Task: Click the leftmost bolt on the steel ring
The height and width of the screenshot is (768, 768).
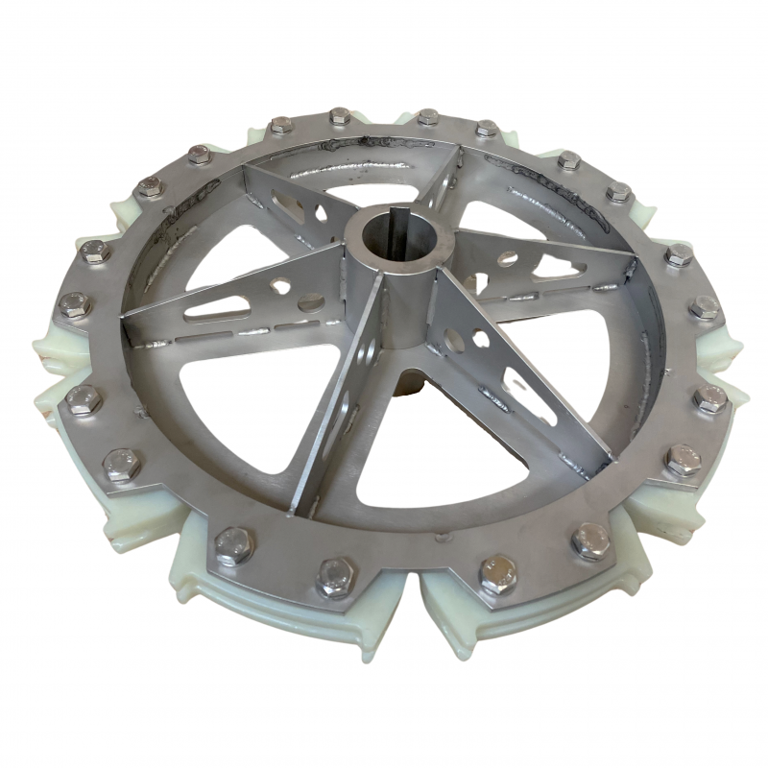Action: coord(75,306)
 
